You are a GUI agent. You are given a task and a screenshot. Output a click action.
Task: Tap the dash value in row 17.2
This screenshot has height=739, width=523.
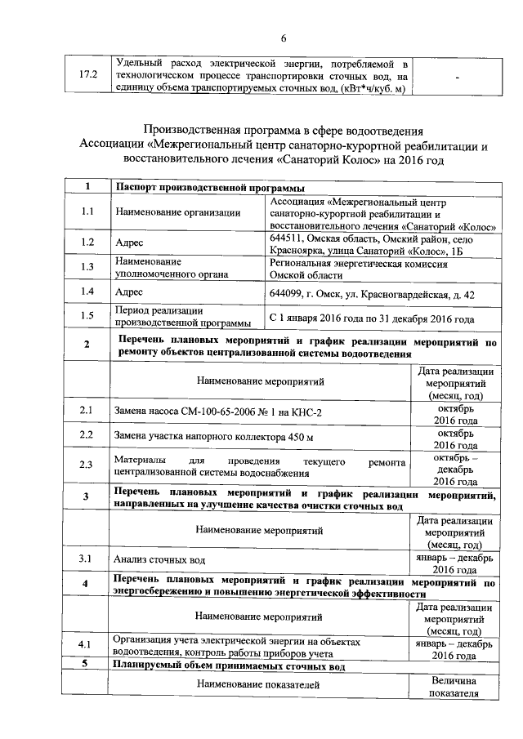(x=457, y=76)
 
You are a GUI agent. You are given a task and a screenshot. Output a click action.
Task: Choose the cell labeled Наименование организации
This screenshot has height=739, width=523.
(x=178, y=213)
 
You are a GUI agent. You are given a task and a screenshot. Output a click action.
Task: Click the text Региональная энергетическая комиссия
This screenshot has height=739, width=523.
(x=358, y=264)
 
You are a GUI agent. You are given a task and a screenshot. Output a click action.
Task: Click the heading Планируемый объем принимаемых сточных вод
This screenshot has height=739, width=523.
(x=229, y=666)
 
